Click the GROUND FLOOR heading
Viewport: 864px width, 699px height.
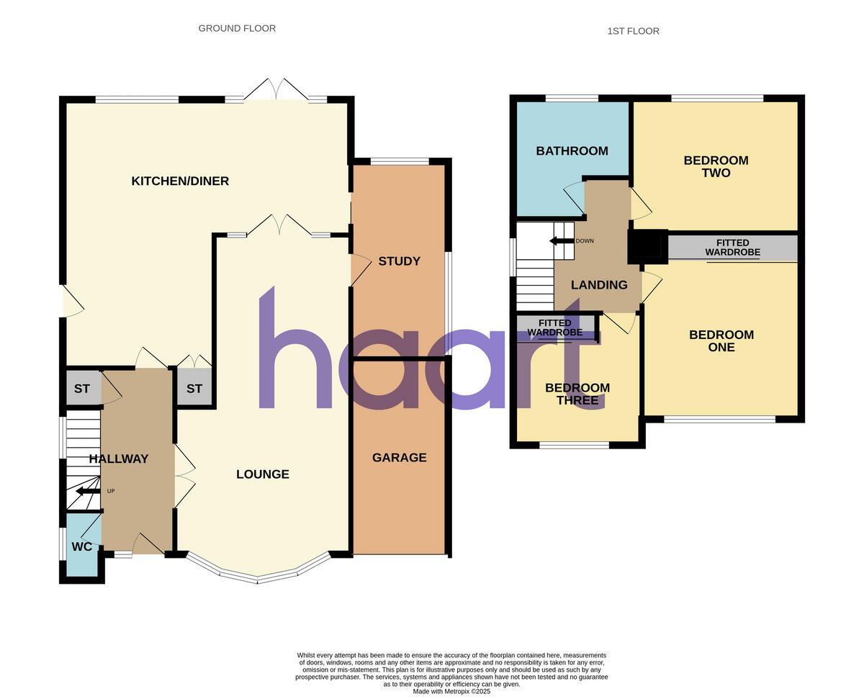click(x=237, y=29)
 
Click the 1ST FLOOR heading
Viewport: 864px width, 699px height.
click(x=633, y=31)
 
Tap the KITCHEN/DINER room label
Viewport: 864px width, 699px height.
click(x=180, y=181)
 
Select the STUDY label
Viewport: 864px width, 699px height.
click(x=399, y=261)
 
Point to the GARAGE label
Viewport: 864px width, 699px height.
click(x=399, y=457)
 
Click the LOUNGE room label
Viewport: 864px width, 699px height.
click(x=263, y=474)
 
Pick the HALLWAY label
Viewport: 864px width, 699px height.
click(x=119, y=459)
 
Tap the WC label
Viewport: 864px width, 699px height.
click(x=83, y=546)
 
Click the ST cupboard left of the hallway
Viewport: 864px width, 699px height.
click(x=82, y=389)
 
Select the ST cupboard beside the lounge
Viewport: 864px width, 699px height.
click(x=194, y=389)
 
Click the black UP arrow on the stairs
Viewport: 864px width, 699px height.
click(x=89, y=491)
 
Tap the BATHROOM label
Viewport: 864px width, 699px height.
click(x=572, y=151)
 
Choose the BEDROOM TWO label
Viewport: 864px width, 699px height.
click(x=716, y=166)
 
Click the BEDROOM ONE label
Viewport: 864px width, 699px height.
click(x=721, y=341)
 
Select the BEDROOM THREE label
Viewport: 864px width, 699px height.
click(x=577, y=394)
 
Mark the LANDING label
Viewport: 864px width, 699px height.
click(x=598, y=285)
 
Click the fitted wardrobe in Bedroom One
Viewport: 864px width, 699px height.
click(x=732, y=248)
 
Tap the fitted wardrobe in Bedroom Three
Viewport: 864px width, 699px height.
click(x=554, y=328)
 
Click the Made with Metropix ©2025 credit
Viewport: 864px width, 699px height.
click(x=451, y=691)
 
